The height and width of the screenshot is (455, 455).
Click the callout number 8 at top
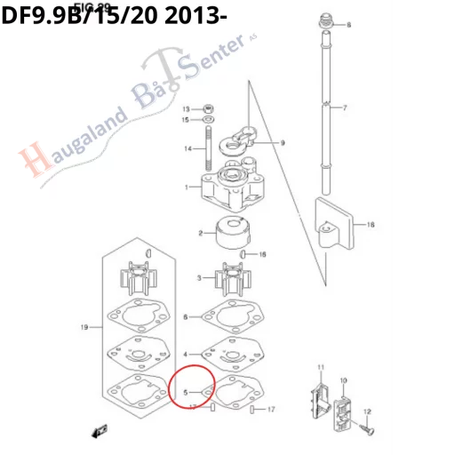point(348,25)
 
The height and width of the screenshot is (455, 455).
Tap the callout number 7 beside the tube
point(345,108)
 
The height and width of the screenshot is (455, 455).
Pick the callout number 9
point(282,143)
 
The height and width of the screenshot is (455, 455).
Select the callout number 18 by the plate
point(371,226)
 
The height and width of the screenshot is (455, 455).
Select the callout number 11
point(322,368)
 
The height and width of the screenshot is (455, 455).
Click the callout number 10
point(343,381)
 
